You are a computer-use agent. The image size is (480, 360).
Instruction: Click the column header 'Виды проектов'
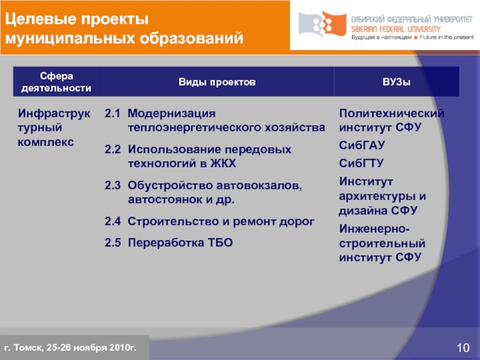pyautogui.click(x=217, y=81)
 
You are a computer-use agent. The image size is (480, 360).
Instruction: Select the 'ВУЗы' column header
pyautogui.click(x=397, y=81)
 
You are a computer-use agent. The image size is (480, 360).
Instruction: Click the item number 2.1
pyautogui.click(x=113, y=113)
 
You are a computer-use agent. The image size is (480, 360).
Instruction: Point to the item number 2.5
pyautogui.click(x=113, y=242)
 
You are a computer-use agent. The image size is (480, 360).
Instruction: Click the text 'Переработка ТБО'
pyautogui.click(x=179, y=242)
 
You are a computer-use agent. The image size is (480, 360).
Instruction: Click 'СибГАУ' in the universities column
pyautogui.click(x=362, y=146)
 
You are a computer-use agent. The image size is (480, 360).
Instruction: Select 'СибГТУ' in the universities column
pyautogui.click(x=362, y=163)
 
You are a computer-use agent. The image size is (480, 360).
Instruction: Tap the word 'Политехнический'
pyautogui.click(x=392, y=113)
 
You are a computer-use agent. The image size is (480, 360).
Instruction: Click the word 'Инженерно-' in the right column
pyautogui.click(x=375, y=229)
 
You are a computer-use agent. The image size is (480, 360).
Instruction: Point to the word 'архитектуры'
pyautogui.click(x=378, y=196)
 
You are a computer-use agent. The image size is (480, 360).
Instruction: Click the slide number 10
pyautogui.click(x=463, y=349)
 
